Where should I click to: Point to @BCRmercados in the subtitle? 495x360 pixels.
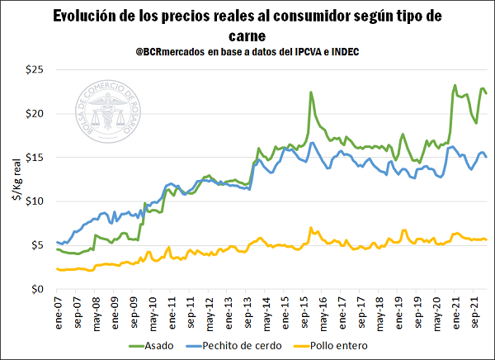[177, 52]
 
